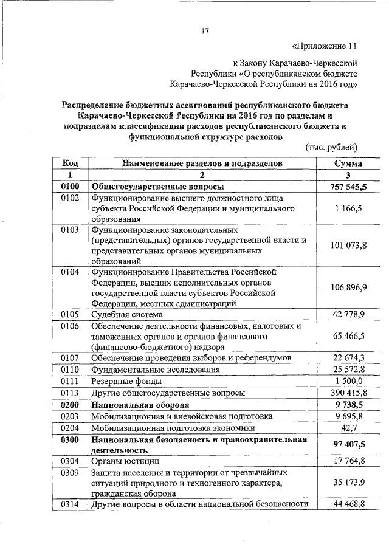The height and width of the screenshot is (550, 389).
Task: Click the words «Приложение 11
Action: point(323,46)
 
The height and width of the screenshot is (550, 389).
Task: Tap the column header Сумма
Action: point(349,163)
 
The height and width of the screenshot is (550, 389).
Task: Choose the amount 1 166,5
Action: point(349,208)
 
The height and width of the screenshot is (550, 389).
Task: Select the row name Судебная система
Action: point(127,315)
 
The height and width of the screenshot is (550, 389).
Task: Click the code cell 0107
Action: point(71,357)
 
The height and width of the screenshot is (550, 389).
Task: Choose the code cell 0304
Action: point(71,462)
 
